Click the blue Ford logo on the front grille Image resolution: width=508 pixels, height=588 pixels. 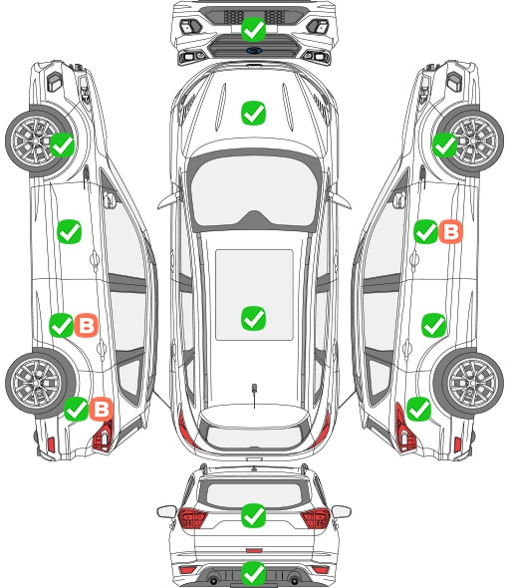(254, 51)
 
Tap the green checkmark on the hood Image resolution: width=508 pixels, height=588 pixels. (253, 113)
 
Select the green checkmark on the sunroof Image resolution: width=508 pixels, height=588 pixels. (253, 318)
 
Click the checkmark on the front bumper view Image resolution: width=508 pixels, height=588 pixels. (253, 29)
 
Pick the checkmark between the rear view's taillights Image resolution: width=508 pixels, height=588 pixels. (253, 515)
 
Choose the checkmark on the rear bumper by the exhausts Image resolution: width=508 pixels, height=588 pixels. (253, 573)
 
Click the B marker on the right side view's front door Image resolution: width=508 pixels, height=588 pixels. (450, 232)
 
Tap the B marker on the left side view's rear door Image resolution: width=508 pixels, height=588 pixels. (87, 325)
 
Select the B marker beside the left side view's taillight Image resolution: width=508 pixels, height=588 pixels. (102, 409)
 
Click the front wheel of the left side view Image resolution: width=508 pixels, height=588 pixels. (38, 142)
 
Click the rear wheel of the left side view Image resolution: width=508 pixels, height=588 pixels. (37, 383)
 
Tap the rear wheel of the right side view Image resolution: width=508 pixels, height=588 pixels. (472, 383)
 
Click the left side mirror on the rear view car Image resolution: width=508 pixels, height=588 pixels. (166, 511)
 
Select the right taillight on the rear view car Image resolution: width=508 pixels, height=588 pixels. (315, 517)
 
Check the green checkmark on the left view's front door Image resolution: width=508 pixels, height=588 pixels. (69, 232)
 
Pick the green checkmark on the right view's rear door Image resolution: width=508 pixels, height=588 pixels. (433, 325)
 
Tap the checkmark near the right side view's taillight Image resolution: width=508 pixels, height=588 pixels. (418, 409)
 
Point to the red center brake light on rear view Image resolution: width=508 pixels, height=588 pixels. (254, 550)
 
